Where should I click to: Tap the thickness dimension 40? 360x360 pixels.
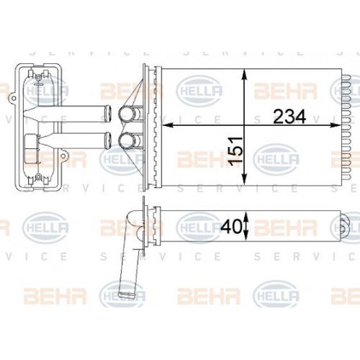[230, 225]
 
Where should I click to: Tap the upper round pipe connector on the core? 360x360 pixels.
[130, 113]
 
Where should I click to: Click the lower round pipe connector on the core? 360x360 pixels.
[130, 139]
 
